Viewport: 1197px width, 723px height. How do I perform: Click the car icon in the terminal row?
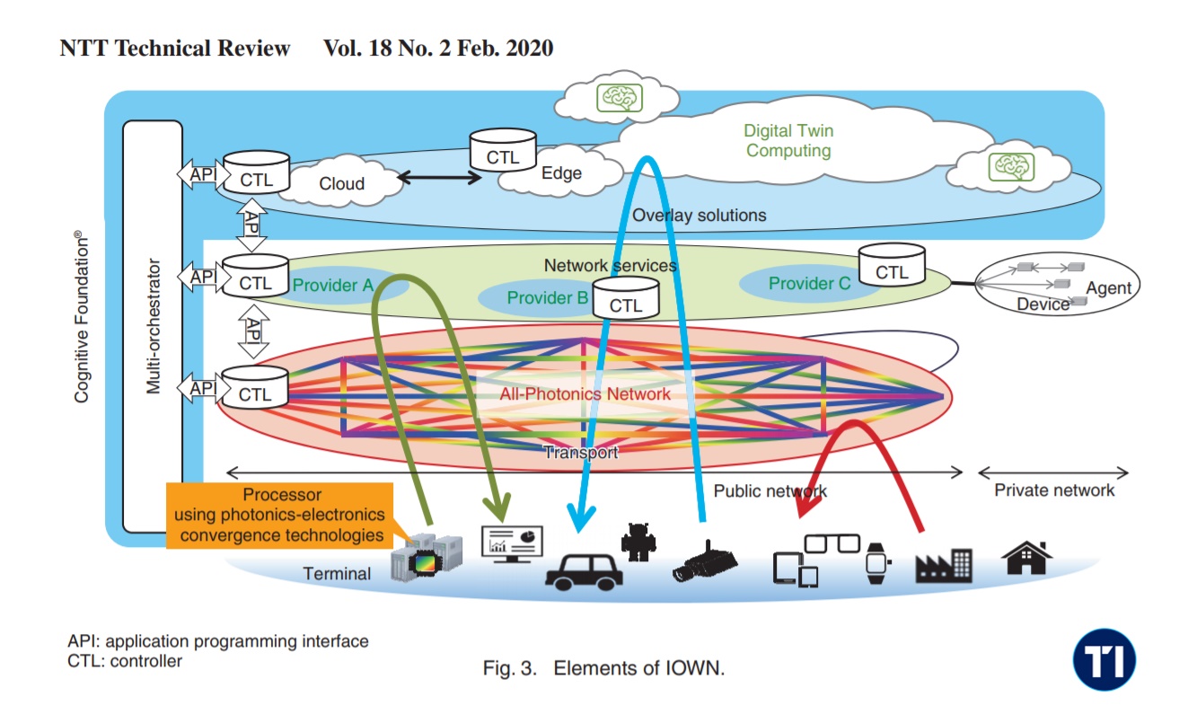[584, 570]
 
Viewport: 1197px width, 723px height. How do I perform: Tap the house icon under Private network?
[1027, 557]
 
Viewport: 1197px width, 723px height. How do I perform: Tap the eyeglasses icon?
[828, 543]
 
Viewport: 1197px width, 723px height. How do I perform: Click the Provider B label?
[547, 297]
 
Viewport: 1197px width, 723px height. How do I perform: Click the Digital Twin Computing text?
[788, 141]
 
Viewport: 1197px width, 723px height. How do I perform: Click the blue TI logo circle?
[1104, 660]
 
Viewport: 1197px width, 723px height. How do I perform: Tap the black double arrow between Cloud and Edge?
[440, 177]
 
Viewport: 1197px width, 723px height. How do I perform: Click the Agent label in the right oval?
[1109, 288]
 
